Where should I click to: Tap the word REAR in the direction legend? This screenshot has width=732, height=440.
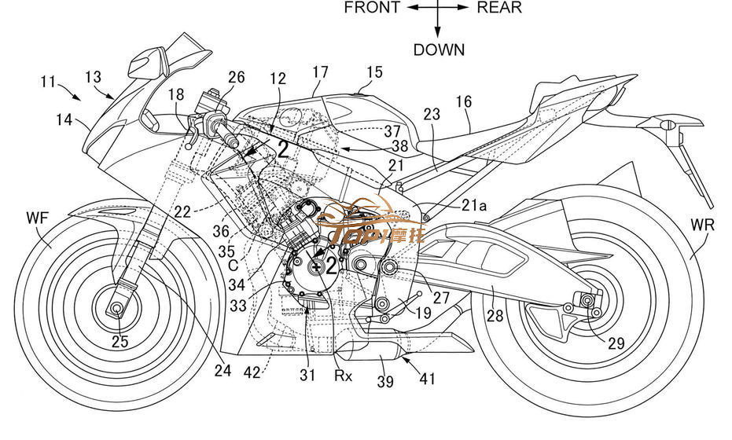pos(498,9)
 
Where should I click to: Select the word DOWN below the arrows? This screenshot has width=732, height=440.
pos(439,49)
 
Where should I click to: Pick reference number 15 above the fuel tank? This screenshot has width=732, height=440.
pos(374,72)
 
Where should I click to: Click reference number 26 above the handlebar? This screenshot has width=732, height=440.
pos(237,77)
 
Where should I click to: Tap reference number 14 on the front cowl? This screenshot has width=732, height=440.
pos(64,121)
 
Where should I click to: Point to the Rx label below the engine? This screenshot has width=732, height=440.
pos(343,376)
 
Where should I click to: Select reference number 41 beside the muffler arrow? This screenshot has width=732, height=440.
pos(427,380)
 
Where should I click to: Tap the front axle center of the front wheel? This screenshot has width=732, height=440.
pos(118,308)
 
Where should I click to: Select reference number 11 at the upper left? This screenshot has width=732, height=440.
pos(49,81)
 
